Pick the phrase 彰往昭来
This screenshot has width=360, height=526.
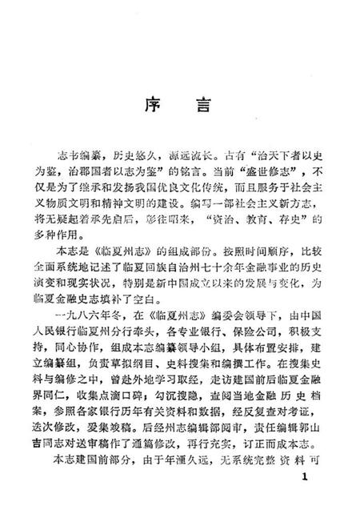[x=194, y=229]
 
